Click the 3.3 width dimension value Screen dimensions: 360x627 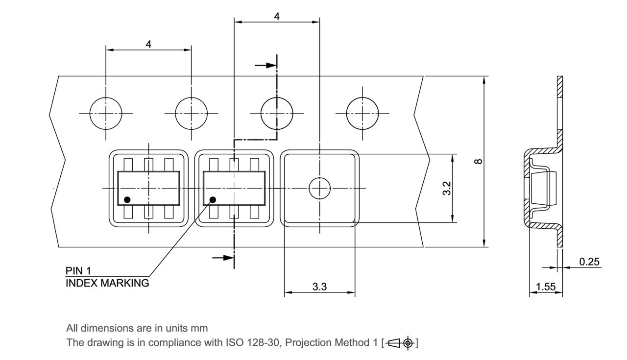point(319,287)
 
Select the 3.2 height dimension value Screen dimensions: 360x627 point(447,189)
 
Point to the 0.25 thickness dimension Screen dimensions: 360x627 point(589,262)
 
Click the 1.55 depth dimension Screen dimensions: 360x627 point(545,287)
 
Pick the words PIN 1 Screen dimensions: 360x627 point(78,271)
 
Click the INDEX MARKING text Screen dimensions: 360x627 point(107,283)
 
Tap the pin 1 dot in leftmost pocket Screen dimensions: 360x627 point(127,199)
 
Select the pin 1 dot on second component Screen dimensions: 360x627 point(213,199)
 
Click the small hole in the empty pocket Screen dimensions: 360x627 point(319,188)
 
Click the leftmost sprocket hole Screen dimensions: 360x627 point(106,114)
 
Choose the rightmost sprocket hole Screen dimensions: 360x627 point(362,114)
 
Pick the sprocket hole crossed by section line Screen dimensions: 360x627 point(277,114)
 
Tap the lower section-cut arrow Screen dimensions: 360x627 point(223,257)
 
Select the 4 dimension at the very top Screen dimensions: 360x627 point(277,16)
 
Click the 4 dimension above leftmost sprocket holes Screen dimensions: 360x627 point(148,44)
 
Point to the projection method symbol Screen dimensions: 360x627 point(402,343)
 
